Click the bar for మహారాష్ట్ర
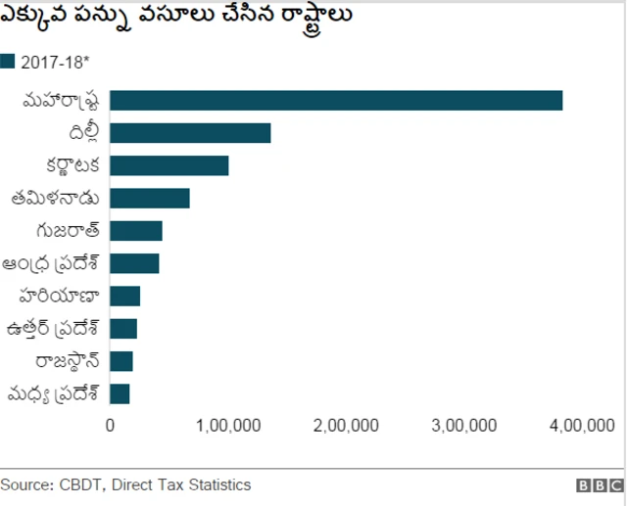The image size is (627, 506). click(x=336, y=101)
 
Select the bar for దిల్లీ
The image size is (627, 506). click(x=190, y=133)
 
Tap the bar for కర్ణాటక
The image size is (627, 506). click(x=169, y=165)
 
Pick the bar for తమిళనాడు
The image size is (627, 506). click(x=149, y=198)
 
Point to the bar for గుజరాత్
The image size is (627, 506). click(x=135, y=231)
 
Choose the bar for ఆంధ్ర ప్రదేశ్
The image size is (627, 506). click(x=134, y=263)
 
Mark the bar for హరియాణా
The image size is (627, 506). click(x=124, y=296)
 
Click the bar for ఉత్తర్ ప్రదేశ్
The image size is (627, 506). click(x=123, y=328)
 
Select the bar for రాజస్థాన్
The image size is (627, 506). click(x=121, y=361)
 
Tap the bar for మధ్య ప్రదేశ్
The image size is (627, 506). click(x=120, y=393)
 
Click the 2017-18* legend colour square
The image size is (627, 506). click(x=8, y=62)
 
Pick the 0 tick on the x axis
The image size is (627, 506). click(x=110, y=425)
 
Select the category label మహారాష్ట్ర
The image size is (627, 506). click(x=61, y=101)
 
